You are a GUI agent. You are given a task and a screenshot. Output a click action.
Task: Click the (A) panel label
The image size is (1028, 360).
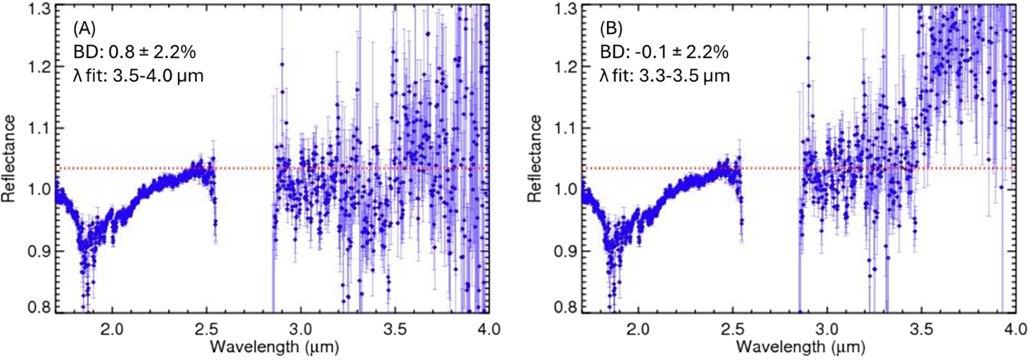tap(84, 29)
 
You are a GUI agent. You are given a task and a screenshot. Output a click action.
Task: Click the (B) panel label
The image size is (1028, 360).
tap(611, 29)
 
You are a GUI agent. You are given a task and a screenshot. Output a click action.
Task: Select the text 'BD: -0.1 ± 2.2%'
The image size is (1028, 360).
tap(663, 52)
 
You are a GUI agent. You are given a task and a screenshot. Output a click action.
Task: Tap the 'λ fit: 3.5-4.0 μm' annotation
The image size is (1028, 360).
tap(138, 76)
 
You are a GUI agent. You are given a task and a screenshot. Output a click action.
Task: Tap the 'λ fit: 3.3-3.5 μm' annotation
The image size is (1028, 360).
tap(664, 76)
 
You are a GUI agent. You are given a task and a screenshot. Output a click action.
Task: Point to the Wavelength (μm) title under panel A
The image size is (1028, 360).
tap(275, 347)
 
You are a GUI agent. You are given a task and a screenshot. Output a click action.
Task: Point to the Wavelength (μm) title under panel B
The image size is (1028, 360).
tap(801, 347)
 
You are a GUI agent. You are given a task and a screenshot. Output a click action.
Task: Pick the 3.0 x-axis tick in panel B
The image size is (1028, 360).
tap(827, 329)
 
